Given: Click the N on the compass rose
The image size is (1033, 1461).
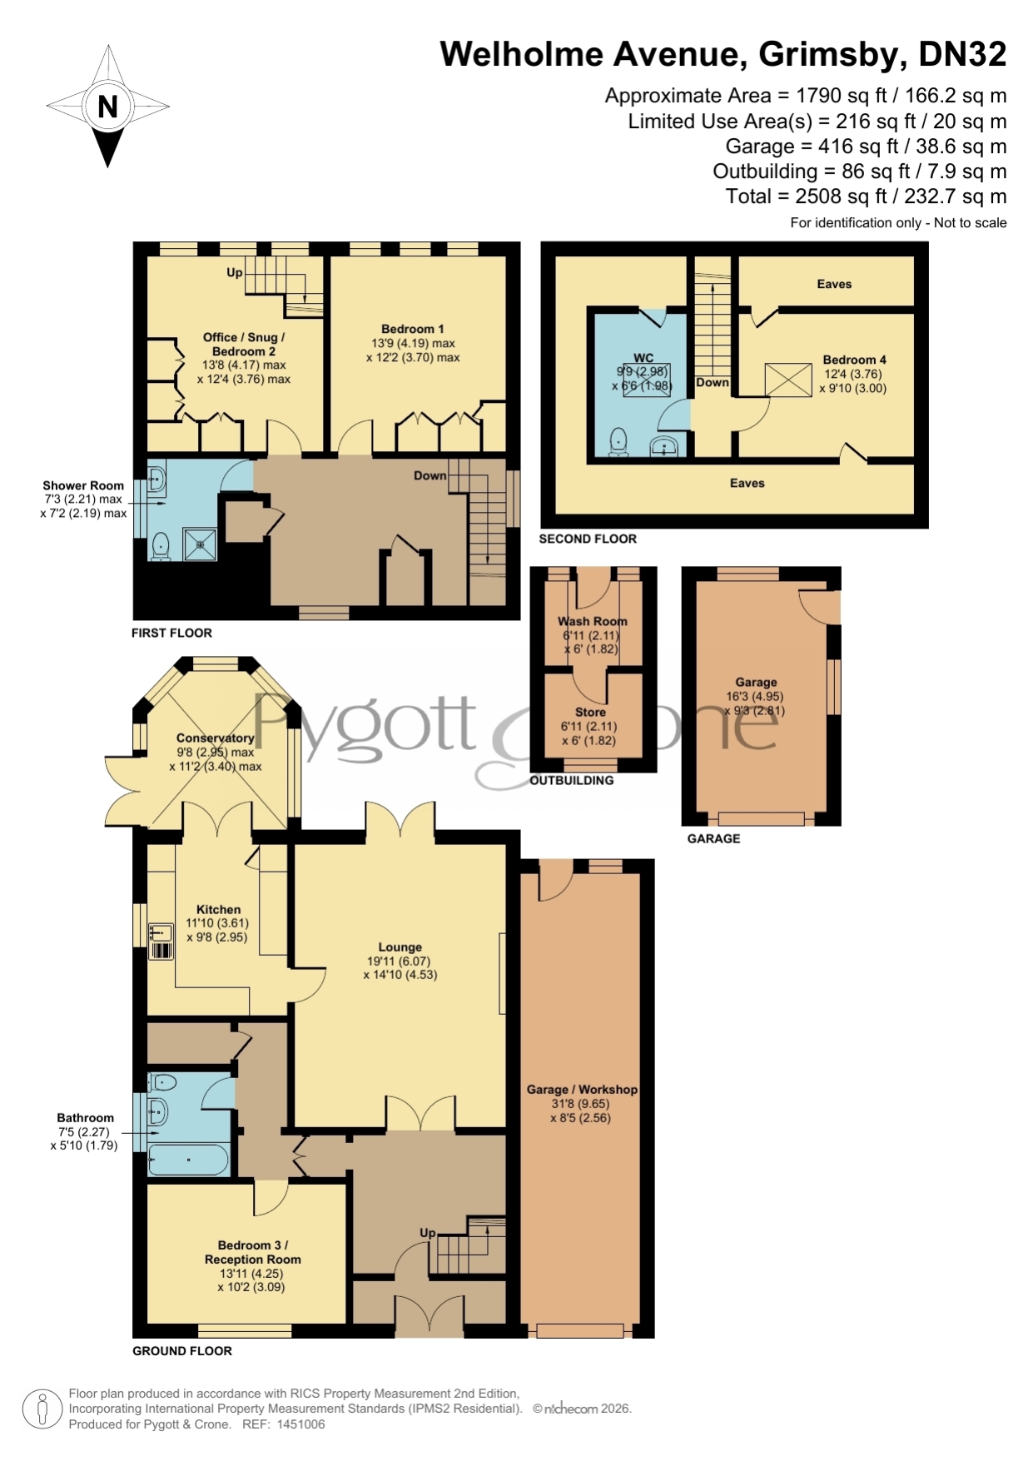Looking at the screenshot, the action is click(x=107, y=107).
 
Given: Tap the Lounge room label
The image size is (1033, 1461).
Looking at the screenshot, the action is click(x=400, y=947).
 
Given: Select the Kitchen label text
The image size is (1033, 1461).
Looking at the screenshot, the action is click(x=218, y=910).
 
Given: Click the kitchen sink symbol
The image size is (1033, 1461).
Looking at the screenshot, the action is click(x=161, y=942).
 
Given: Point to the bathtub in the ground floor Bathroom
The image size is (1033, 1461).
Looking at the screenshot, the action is click(x=188, y=1160).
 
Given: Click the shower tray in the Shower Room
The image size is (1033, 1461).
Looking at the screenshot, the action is click(x=200, y=544).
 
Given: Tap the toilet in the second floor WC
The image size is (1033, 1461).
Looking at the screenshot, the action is click(x=618, y=441).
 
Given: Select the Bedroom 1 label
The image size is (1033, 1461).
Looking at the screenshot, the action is click(x=413, y=329).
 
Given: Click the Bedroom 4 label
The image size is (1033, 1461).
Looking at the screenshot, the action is click(x=855, y=360).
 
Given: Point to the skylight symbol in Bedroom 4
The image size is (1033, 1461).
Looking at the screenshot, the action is click(x=788, y=380).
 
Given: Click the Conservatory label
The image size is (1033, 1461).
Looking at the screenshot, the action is click(x=216, y=738).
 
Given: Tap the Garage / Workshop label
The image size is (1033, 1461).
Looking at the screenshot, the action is click(x=582, y=1089).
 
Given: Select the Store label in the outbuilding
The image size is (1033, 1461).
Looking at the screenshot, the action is click(x=590, y=712).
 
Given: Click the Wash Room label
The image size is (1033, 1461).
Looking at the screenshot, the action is click(x=593, y=621).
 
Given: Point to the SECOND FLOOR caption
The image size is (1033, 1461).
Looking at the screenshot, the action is click(x=588, y=539).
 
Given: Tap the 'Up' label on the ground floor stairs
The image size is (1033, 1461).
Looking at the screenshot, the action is click(x=428, y=1232).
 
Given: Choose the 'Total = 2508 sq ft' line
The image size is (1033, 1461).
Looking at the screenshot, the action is click(x=866, y=196).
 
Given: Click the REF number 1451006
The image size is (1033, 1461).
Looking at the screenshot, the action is click(x=300, y=1424).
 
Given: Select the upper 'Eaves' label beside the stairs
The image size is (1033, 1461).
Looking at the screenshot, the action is click(x=834, y=284).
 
